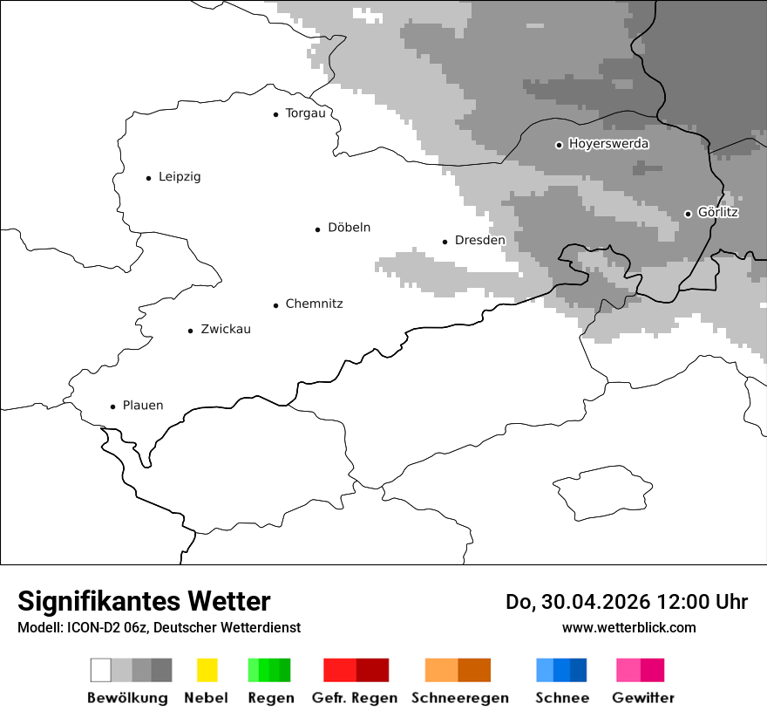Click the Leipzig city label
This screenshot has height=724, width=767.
[x=180, y=177]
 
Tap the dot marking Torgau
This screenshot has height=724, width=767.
[x=275, y=114]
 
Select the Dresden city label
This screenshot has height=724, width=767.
[x=479, y=240]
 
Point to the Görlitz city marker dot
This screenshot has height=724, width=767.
[x=688, y=214]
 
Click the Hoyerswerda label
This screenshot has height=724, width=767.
[x=608, y=144]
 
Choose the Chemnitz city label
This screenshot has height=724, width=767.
[x=314, y=304]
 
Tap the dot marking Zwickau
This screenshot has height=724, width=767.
[x=190, y=331]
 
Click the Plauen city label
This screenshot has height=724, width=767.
[x=143, y=406]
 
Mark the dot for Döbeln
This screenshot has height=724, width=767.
[x=317, y=229]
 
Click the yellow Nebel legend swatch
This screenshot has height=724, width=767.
[x=207, y=670]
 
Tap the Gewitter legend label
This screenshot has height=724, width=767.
[x=643, y=698]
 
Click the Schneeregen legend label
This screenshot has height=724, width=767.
[x=459, y=698]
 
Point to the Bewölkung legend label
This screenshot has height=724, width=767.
[x=127, y=698]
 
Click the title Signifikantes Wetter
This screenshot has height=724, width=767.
[x=144, y=601]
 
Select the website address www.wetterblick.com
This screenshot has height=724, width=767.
[x=628, y=627]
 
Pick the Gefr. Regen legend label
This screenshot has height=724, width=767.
[x=355, y=698]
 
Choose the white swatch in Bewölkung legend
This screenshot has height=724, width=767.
[x=101, y=670]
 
